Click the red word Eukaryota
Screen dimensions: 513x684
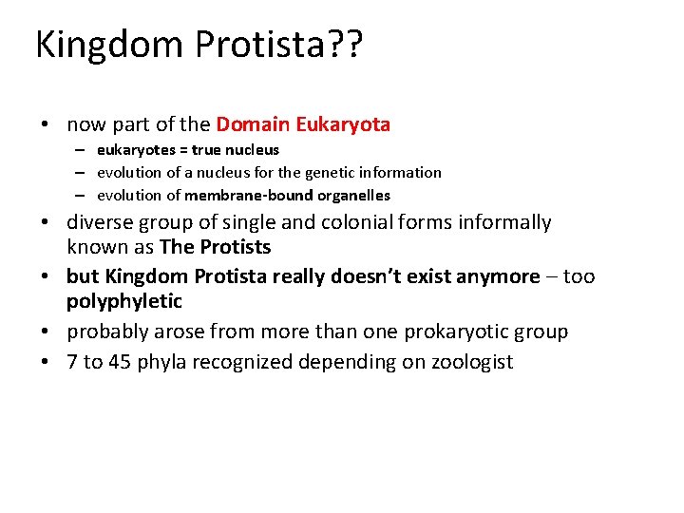343,124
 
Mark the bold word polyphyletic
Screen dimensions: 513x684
123,301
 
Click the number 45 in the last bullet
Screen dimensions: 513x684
121,362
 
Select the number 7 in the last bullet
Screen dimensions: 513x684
72,362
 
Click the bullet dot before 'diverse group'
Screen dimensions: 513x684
44,223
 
